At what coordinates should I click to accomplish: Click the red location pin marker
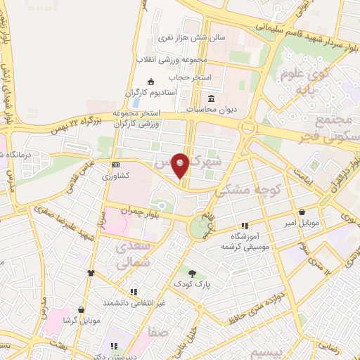181,165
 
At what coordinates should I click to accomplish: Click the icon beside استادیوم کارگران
150,82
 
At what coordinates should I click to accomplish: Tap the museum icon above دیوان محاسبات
212,98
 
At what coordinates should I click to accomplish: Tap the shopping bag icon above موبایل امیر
302,212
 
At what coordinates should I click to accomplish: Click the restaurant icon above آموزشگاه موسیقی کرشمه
245,226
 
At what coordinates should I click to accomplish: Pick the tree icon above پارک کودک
192,272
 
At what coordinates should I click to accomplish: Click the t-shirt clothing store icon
90,273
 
